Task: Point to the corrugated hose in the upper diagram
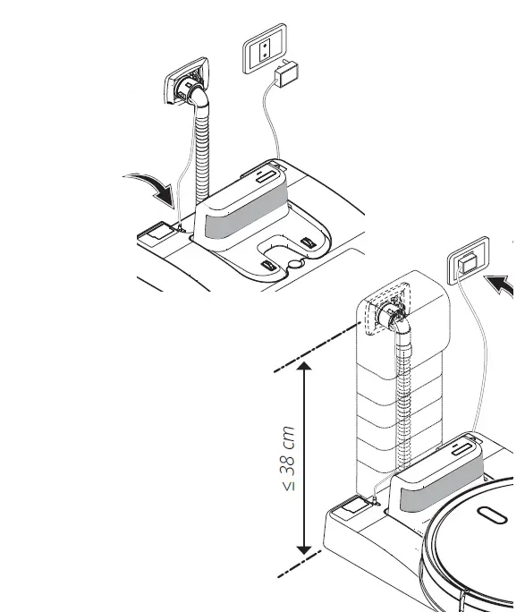(203, 152)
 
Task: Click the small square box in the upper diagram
(156, 234)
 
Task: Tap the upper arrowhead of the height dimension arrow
(305, 369)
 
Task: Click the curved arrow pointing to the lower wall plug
(504, 288)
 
